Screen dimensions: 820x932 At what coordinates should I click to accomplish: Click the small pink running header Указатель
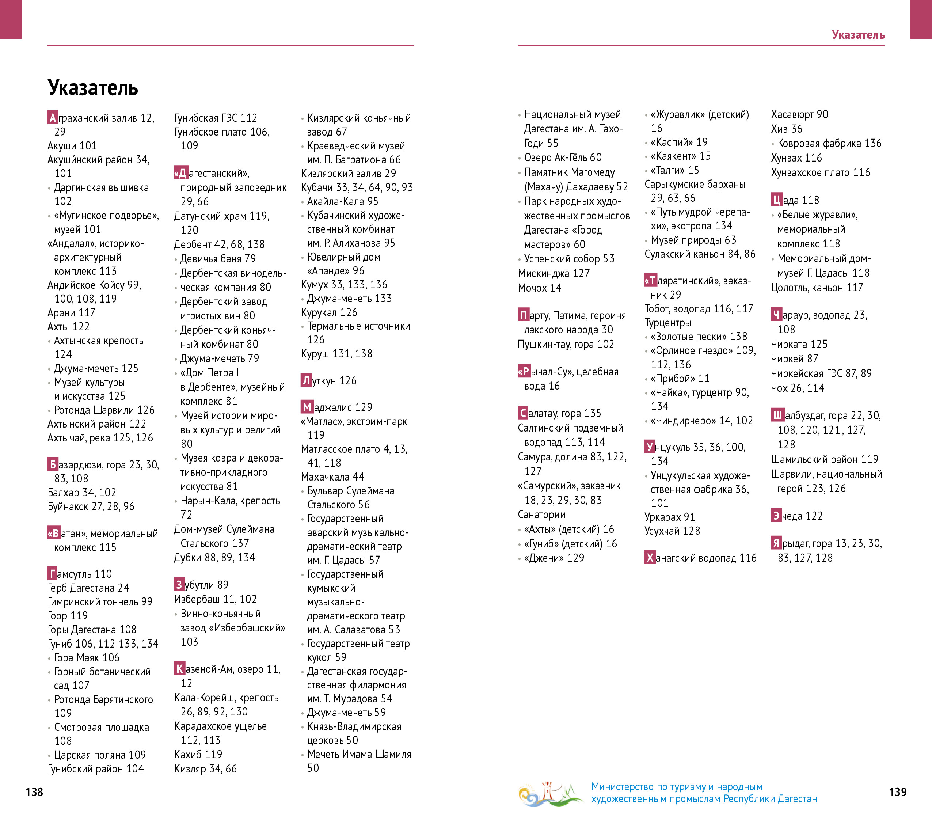[858, 35]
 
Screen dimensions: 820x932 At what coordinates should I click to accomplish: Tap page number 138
[34, 792]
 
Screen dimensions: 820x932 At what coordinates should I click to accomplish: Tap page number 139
[897, 792]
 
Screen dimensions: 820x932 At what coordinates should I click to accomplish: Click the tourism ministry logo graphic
[550, 794]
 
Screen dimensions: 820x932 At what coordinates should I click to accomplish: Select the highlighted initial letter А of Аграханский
[53, 118]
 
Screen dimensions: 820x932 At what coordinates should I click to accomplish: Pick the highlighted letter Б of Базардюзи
[53, 464]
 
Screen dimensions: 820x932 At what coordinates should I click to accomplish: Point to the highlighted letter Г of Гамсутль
[53, 573]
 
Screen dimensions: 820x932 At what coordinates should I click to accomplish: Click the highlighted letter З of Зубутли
[179, 585]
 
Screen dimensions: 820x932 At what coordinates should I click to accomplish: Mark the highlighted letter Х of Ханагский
[650, 557]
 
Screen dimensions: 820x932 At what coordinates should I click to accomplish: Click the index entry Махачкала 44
[332, 477]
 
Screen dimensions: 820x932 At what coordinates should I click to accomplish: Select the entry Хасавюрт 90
[799, 114]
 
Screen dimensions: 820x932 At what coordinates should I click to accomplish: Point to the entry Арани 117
[71, 313]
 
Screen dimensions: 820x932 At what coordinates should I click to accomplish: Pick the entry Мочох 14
[539, 288]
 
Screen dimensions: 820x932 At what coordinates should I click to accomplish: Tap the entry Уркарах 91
[669, 517]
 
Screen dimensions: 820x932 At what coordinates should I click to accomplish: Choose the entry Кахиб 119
[198, 754]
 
